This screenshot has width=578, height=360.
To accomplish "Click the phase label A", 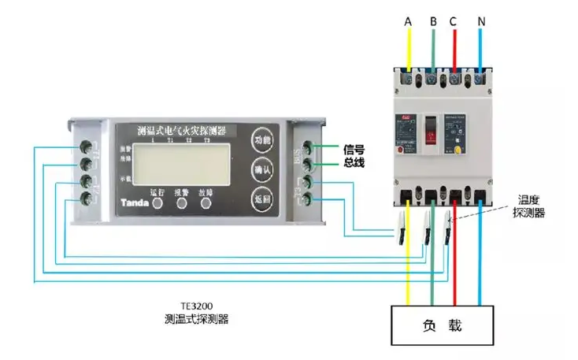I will click(408, 21).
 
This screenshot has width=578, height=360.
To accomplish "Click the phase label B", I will click(432, 21).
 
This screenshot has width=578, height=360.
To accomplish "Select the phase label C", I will click(454, 21).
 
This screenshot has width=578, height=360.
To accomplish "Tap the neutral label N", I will click(480, 21).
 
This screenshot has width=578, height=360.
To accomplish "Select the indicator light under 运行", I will click(157, 202).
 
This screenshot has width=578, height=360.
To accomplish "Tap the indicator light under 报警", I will click(182, 202).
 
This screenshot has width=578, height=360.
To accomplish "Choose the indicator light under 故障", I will click(206, 202).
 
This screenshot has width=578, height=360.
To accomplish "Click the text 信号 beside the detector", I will click(354, 149).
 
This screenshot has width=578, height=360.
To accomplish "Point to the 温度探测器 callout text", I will click(528, 206).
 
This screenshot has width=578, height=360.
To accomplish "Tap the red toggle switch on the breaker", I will click(430, 129).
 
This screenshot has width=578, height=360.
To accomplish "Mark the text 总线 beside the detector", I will click(354, 163).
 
